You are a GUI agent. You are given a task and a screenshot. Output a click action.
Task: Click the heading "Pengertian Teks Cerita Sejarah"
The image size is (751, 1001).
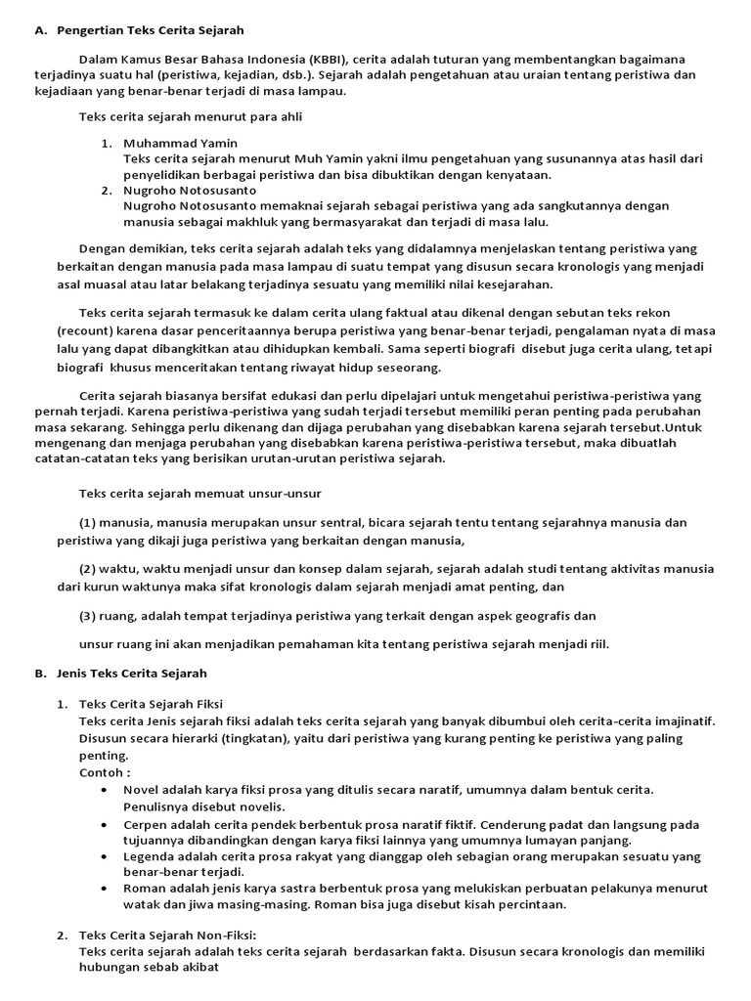(152, 30)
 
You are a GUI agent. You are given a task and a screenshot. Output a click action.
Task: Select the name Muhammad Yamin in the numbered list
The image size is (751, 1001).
(180, 143)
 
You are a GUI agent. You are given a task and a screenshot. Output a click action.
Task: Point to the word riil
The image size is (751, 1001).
(609, 643)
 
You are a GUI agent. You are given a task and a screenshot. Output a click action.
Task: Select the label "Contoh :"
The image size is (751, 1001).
(105, 772)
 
